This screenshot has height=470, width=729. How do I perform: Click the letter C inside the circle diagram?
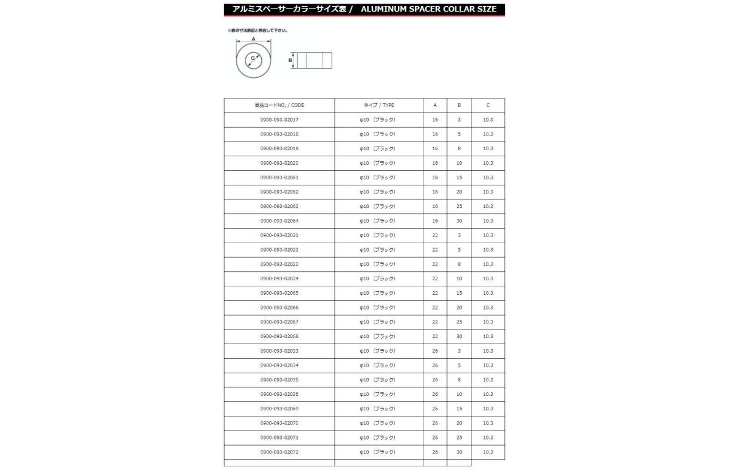point(252,58)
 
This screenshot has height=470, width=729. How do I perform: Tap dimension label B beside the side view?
point(290,60)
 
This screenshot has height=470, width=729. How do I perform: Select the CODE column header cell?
point(279,105)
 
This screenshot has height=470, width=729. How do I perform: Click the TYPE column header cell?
point(378,105)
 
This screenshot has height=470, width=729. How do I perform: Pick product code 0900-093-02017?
point(279,120)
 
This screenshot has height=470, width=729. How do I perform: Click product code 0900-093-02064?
point(279,221)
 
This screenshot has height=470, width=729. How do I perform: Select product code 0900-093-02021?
point(279,235)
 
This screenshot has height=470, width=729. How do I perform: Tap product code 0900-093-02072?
point(279,452)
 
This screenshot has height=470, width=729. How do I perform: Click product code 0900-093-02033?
point(279,351)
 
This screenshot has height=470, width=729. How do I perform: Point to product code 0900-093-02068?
point(279,336)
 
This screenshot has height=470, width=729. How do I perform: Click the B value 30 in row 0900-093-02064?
point(459,221)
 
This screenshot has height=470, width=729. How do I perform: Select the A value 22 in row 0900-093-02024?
point(435,278)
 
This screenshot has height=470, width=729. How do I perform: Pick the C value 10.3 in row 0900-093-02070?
point(488,423)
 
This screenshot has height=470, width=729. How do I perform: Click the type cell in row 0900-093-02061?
point(378,178)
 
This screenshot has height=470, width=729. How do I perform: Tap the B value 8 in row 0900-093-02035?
point(459,380)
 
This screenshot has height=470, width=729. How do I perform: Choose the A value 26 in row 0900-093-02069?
point(435,409)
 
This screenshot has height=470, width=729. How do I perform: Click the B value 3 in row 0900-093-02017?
point(459,120)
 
